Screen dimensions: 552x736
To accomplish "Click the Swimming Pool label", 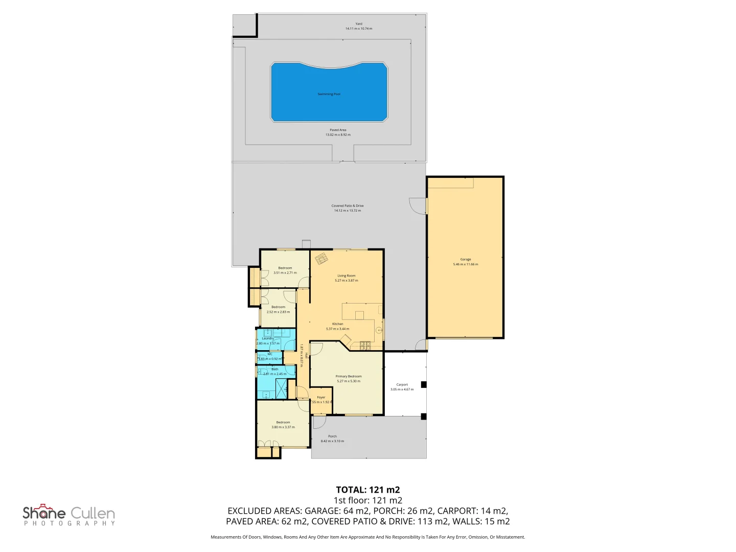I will point(329,94).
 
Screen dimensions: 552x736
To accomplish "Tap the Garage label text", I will point(465,259).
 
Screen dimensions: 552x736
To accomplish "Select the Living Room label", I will point(346,275).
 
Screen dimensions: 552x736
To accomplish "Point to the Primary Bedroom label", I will point(349,376).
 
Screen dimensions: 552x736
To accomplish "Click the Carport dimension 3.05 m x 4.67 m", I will point(402,389).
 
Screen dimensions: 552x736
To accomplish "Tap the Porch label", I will point(332,436).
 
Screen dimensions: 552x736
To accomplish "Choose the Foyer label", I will point(321,397).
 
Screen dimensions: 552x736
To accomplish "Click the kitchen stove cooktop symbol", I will point(365,346).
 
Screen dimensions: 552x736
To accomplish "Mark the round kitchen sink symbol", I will point(379,330).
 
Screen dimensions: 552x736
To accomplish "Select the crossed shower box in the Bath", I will point(282,389).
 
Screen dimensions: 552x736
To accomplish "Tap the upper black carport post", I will point(423,384).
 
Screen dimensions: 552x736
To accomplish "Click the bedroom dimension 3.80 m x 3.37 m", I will point(283,427).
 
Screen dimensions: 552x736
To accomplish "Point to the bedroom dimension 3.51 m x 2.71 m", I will point(285,273).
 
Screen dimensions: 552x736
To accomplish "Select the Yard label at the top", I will point(359,24).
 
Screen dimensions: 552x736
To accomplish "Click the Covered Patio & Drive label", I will point(348,205).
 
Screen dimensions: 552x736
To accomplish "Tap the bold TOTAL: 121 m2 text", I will point(367,490).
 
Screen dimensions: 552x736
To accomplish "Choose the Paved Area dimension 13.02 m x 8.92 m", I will point(338,135).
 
